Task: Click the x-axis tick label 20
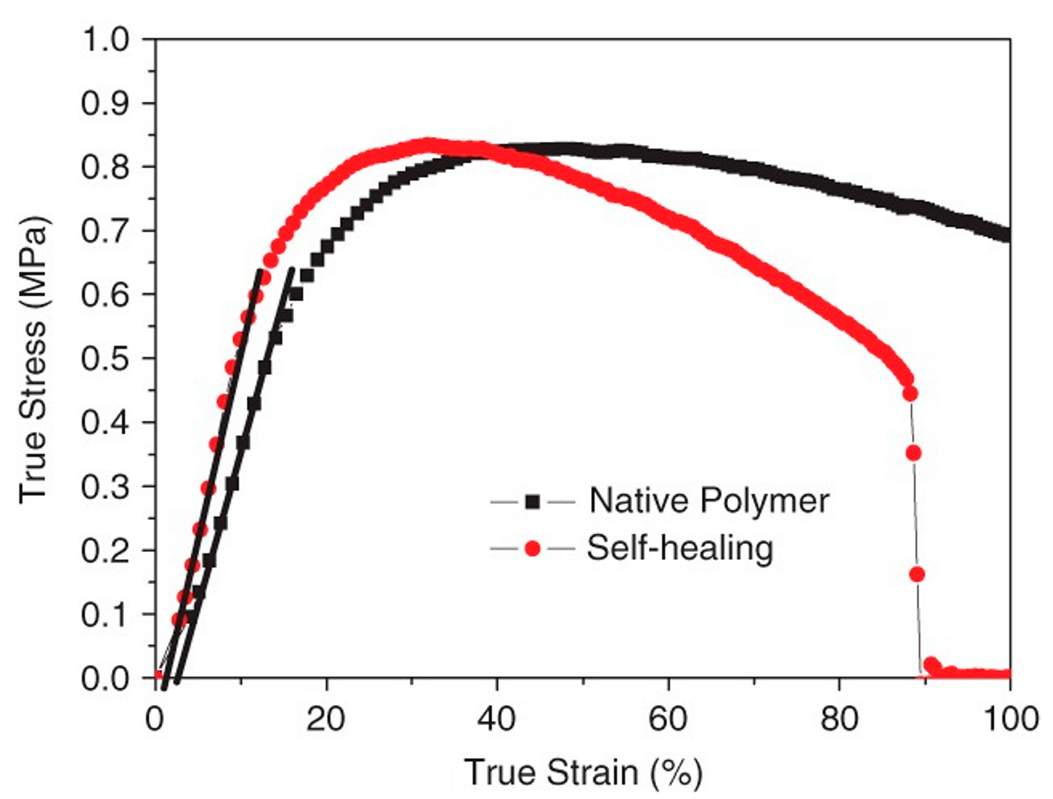[326, 719]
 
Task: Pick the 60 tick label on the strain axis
[669, 719]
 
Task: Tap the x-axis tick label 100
[1010, 719]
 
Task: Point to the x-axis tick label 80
[839, 719]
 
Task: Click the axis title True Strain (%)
[583, 773]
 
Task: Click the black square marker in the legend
[532, 501]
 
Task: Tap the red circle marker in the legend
[532, 548]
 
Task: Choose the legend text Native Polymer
[709, 500]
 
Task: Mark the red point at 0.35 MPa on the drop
[913, 453]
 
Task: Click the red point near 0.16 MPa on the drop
[917, 574]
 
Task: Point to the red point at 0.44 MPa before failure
[910, 394]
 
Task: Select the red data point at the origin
[156, 677]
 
